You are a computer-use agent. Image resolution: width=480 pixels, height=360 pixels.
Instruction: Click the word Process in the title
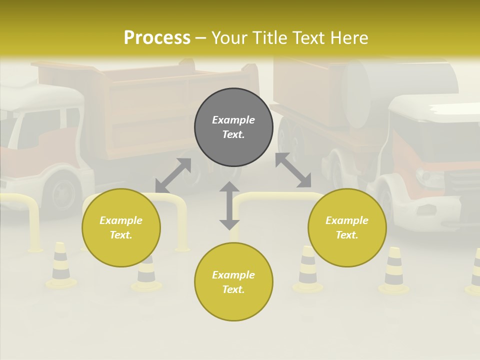click(x=157, y=38)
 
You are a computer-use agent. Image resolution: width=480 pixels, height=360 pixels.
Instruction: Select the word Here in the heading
click(x=348, y=38)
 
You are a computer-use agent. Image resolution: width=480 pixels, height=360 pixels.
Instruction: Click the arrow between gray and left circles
click(x=173, y=175)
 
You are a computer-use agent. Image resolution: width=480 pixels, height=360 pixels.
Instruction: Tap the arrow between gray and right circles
click(x=293, y=170)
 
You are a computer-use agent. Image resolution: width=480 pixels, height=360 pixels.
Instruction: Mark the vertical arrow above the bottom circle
click(x=229, y=205)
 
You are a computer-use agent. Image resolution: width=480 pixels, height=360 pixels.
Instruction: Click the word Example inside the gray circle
click(x=233, y=120)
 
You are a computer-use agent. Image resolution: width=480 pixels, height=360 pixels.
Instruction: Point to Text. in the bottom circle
click(x=233, y=289)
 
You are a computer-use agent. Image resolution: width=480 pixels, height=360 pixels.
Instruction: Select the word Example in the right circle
click(x=347, y=220)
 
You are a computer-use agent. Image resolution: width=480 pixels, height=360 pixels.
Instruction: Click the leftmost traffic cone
click(x=61, y=265)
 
